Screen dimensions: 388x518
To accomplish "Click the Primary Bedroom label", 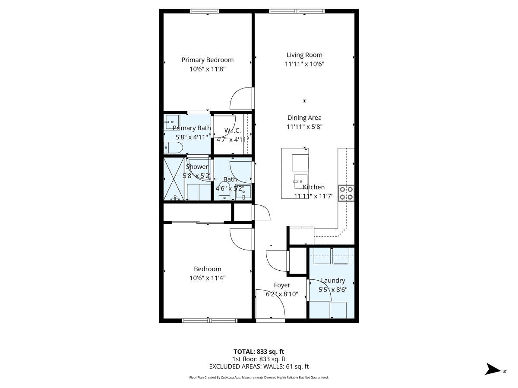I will (x=207, y=60).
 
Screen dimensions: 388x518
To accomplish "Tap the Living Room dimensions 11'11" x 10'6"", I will (x=304, y=64).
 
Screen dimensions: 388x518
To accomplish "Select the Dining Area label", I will (x=304, y=118).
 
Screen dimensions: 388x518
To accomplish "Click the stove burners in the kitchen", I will (x=346, y=193).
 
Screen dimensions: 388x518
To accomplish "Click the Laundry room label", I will (x=333, y=281).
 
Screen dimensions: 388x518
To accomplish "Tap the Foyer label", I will (x=282, y=285).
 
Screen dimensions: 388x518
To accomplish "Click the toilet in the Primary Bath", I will (x=173, y=148).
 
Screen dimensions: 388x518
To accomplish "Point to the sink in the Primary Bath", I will (x=171, y=122).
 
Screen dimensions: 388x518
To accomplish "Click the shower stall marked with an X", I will (x=174, y=179).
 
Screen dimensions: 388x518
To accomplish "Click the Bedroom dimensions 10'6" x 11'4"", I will (x=207, y=278).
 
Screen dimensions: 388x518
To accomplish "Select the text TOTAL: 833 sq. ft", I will (x=259, y=351).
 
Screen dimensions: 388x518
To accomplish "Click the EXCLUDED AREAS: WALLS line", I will (x=259, y=366).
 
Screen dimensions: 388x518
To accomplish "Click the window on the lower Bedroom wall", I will (x=209, y=320).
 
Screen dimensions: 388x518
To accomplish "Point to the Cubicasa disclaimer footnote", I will (x=259, y=377).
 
